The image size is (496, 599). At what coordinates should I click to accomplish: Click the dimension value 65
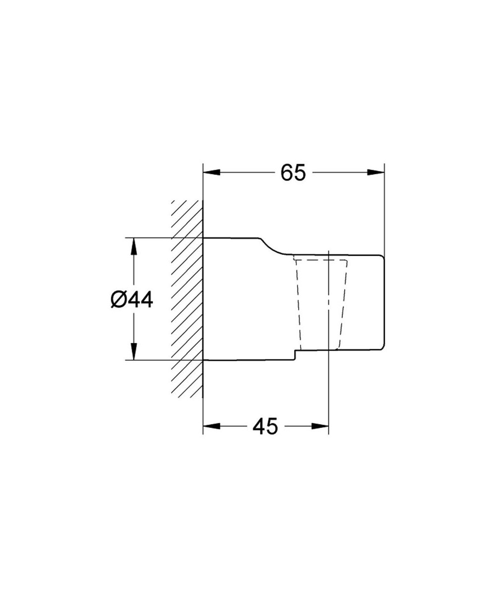point(293,173)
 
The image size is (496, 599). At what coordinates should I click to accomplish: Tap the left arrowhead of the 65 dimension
point(212,173)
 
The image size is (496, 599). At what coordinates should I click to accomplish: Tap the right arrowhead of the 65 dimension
point(375,173)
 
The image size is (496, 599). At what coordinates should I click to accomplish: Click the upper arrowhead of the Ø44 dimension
point(133,246)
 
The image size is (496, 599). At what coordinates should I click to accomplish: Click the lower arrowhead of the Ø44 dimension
point(133,351)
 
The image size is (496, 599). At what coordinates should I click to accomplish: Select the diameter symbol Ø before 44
point(118,299)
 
